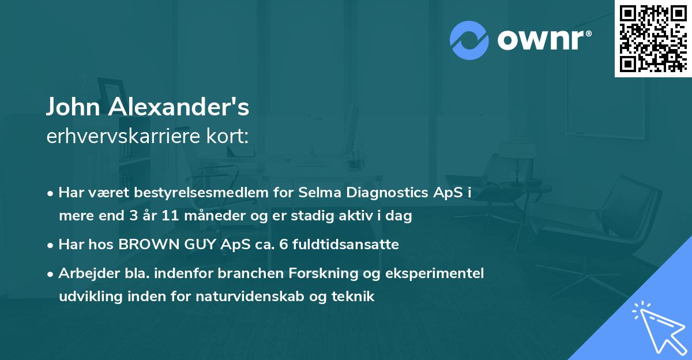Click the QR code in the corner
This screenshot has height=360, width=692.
(653, 38)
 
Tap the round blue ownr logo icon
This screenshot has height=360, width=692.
(469, 40)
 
